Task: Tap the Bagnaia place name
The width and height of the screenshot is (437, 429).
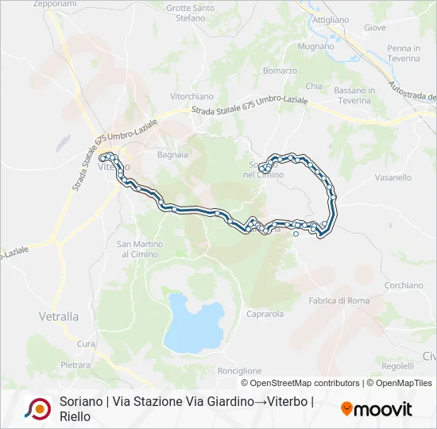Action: pos(172,154)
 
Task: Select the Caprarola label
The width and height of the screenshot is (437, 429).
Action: pos(265,314)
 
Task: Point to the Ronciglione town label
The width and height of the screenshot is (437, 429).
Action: pos(239,370)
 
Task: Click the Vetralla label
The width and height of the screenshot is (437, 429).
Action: pos(59,315)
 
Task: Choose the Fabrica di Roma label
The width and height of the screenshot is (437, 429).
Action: pos(339,300)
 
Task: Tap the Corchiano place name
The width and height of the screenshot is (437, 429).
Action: pos(404,285)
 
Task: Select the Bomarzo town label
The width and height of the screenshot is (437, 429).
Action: pos(280,71)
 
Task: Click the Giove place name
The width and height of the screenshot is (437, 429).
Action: pos(375,27)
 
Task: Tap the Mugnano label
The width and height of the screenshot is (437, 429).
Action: pos(315,46)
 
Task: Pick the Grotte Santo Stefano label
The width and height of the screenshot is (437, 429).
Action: pos(191,13)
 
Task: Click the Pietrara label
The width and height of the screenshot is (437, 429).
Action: pos(75,365)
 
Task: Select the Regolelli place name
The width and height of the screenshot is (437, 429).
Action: pos(397,365)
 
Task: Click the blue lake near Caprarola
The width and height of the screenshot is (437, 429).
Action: pos(194,323)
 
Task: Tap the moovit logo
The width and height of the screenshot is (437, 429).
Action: pos(377,409)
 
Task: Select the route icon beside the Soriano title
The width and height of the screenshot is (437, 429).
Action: pos(37,408)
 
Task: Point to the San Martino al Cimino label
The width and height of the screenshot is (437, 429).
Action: pos(140,249)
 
